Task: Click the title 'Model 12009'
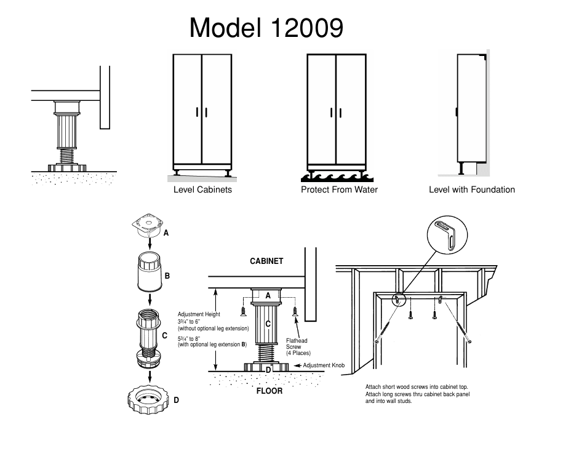(266, 28)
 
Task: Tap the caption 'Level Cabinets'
(202, 189)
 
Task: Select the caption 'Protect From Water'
(339, 189)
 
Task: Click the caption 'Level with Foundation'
(471, 189)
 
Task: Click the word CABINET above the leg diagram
(266, 261)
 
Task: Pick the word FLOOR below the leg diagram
(269, 391)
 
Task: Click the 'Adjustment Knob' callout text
(323, 365)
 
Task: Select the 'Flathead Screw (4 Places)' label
(298, 346)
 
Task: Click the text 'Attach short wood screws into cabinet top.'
(417, 387)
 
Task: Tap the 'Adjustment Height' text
(199, 314)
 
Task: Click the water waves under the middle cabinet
(336, 177)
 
